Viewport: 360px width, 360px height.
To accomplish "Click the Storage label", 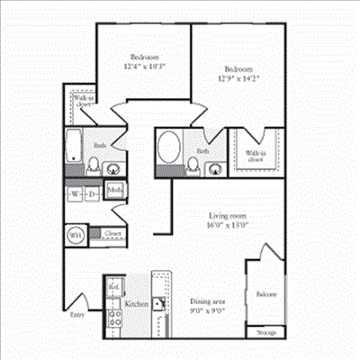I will [265, 330].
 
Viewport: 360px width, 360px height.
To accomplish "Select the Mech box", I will [115, 190].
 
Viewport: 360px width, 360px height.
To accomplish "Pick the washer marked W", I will [74, 194].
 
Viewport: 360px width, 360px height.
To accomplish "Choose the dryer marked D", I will [92, 194].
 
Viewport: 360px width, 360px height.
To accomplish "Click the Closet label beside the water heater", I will [112, 233].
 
